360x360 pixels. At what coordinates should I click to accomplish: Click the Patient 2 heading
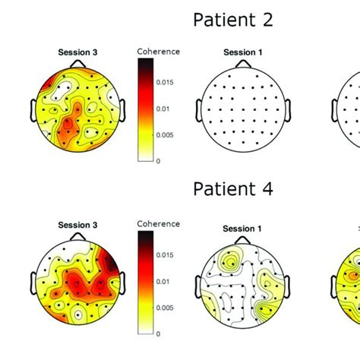(x=232, y=19)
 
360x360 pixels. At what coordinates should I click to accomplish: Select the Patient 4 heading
(x=232, y=188)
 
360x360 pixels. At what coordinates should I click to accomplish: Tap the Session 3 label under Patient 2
(x=77, y=53)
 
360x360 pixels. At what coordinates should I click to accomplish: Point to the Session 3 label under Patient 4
(x=77, y=226)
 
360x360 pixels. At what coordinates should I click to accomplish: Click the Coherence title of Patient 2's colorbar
(x=158, y=52)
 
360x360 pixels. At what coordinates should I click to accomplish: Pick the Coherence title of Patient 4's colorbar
(x=158, y=224)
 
